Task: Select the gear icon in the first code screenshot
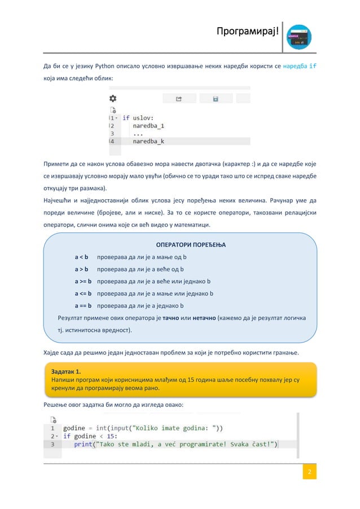[x=113, y=98]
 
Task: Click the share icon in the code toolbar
[x=178, y=99]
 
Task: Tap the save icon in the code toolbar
[x=215, y=99]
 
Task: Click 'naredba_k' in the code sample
[x=148, y=142]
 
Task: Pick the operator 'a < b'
[x=81, y=257]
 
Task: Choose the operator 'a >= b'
[x=83, y=281]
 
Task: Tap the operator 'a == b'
[x=83, y=306]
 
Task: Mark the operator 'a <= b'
[x=83, y=293]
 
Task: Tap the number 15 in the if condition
[x=112, y=436]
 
